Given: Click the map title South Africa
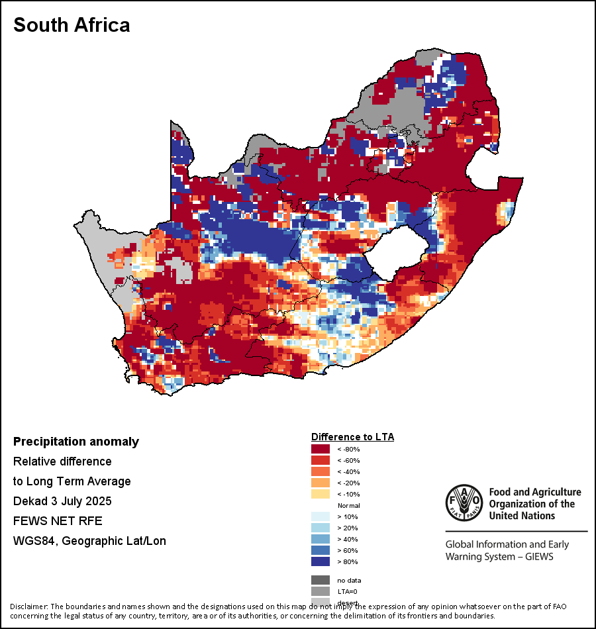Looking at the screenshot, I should point(72,25).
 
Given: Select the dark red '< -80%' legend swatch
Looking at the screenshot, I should point(321,449).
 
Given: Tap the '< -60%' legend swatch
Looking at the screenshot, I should point(321,460).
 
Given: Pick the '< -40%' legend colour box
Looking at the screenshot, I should point(321,471).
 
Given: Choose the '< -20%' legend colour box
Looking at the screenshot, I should point(321,483).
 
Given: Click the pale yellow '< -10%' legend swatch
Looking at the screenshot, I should point(321,494).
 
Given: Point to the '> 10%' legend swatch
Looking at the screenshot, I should point(321,516).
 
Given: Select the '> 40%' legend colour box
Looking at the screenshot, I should point(321,539).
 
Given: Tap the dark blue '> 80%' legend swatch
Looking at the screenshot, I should point(321,561).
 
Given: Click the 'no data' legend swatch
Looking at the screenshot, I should point(321,580).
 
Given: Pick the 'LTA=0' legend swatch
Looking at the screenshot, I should point(321,591).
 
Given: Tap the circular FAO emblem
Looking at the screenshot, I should point(464,503).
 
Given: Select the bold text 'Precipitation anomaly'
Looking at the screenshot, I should point(76,442).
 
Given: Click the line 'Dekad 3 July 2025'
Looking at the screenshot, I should point(62,501).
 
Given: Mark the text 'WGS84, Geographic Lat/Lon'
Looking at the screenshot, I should point(89,541).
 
